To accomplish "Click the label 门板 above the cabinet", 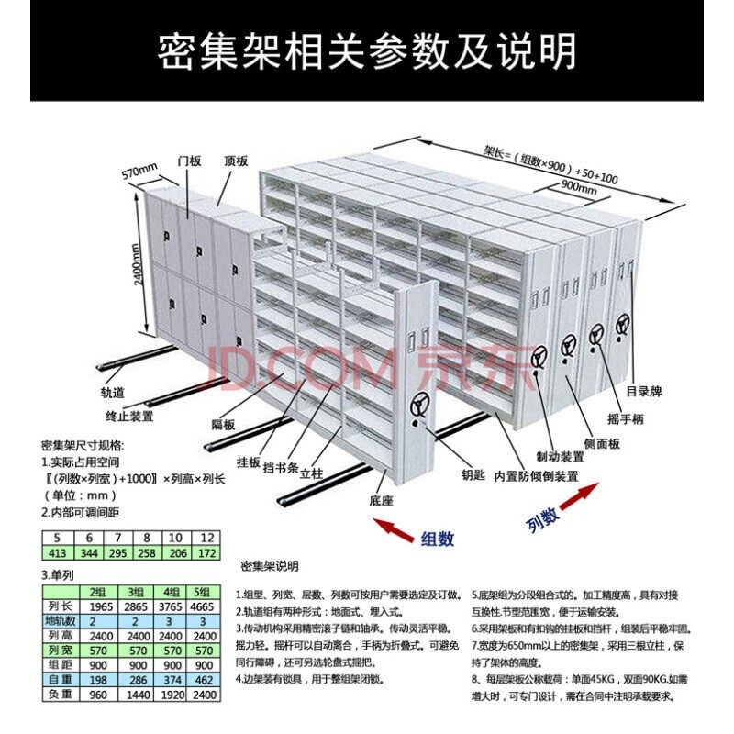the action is click(x=190, y=161).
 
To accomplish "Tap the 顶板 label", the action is click(x=236, y=161).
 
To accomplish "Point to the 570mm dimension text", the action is click(x=140, y=172).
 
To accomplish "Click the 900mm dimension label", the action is click(x=577, y=189).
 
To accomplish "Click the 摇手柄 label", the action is click(x=624, y=418).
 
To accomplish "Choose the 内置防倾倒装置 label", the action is click(x=536, y=476).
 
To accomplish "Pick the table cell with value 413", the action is click(x=59, y=554).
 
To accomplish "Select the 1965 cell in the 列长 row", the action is click(x=102, y=607).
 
